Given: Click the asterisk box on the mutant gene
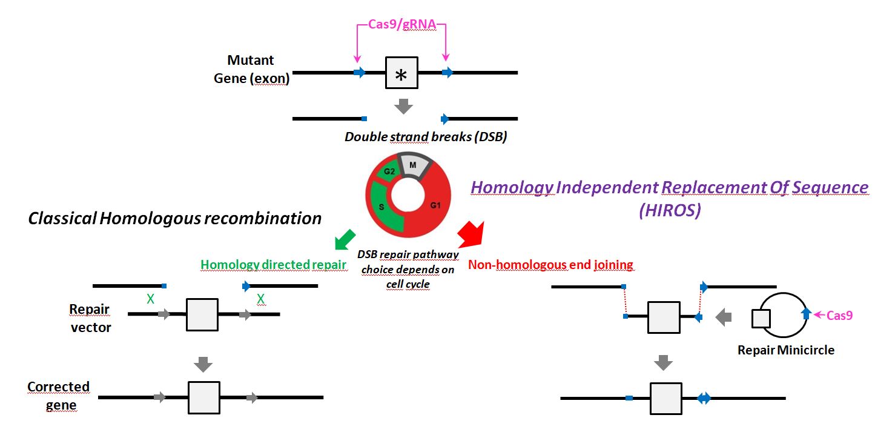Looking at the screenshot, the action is (401, 73).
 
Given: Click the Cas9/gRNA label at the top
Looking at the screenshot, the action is (402, 24).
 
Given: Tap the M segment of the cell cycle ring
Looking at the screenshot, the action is (414, 166).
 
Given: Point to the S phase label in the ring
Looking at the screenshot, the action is (381, 207).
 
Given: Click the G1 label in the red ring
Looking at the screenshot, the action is (435, 205).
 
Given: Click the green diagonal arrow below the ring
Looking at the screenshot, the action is (345, 240).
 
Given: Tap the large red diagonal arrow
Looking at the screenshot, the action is (472, 234).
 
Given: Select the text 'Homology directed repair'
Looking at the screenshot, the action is (274, 265).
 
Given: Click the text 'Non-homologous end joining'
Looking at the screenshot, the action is (551, 265).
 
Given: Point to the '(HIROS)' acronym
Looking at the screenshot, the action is (670, 210).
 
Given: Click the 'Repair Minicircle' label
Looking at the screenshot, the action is (785, 350).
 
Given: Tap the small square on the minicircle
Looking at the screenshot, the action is (761, 319).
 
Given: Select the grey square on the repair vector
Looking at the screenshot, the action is (202, 314).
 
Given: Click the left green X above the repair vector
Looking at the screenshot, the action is (150, 299).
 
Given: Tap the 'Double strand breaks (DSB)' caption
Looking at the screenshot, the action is (426, 137).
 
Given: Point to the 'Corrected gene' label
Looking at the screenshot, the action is (59, 396).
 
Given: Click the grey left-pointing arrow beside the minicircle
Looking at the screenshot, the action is (724, 317).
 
